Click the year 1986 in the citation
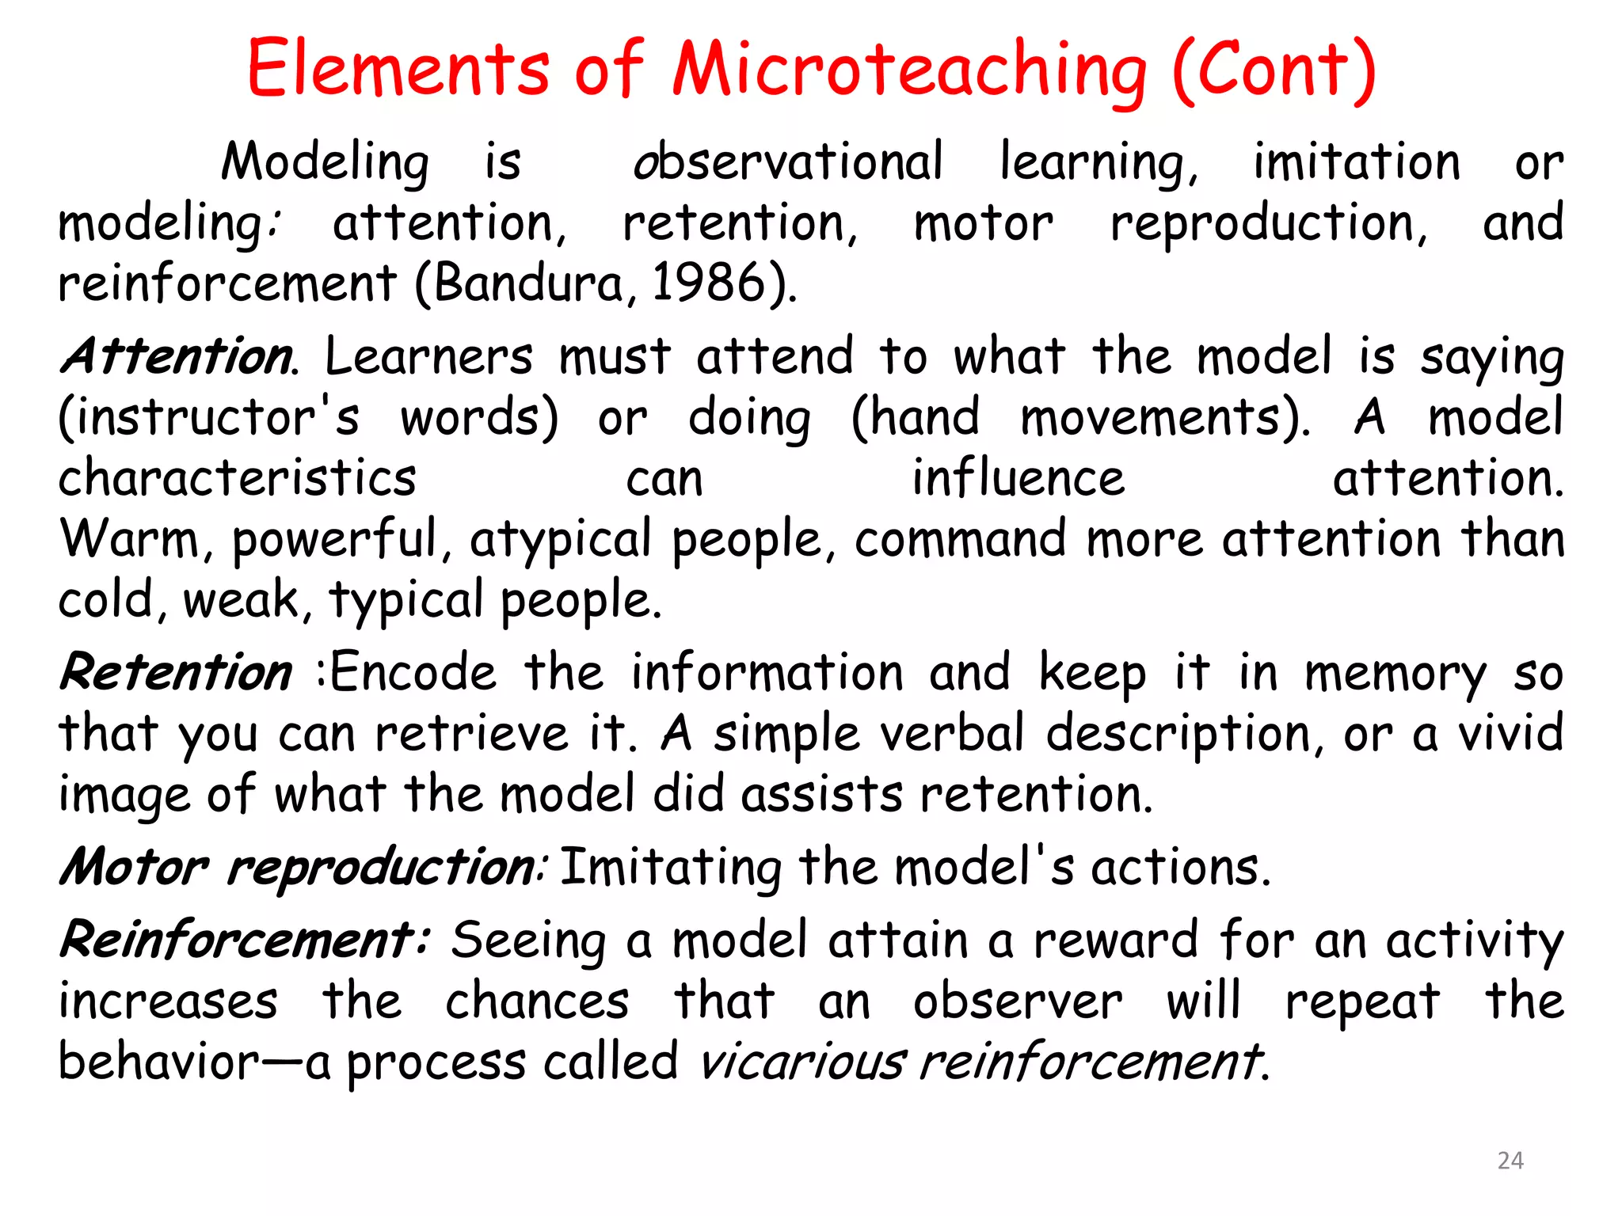click(707, 283)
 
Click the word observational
click(788, 162)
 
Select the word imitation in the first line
click(1356, 162)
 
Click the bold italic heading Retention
click(177, 673)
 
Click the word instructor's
click(209, 417)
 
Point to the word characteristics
click(237, 478)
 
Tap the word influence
click(1018, 478)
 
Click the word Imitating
click(670, 867)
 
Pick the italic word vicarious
click(801, 1062)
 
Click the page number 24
click(1510, 1161)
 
